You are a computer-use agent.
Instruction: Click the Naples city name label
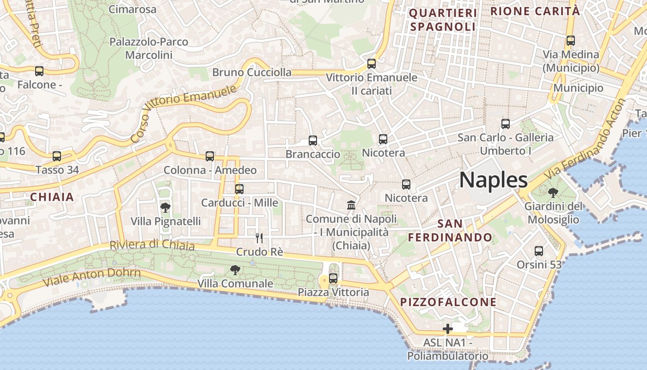click(x=493, y=180)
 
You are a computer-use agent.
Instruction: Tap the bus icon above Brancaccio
click(x=313, y=141)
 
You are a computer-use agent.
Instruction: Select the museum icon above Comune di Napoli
click(x=351, y=205)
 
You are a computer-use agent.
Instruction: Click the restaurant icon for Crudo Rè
click(x=259, y=238)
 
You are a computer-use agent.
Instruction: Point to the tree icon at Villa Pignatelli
click(x=165, y=207)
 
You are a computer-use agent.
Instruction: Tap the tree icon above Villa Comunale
click(x=235, y=270)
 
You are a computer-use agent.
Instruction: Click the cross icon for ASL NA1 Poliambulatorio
click(x=447, y=329)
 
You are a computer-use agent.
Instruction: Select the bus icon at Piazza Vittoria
click(x=333, y=278)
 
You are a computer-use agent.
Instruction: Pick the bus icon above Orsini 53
click(x=539, y=251)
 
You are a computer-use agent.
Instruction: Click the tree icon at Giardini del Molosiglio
click(x=553, y=192)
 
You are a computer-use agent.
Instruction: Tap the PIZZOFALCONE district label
click(x=448, y=302)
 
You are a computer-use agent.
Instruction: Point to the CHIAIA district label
click(x=52, y=197)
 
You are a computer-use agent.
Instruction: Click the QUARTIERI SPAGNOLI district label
click(x=443, y=20)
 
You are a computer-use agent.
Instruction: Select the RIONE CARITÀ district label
click(x=535, y=11)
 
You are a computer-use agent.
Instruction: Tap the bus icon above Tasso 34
click(x=57, y=156)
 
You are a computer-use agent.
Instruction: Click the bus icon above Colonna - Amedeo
click(x=210, y=156)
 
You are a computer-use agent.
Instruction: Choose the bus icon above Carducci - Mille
click(x=239, y=189)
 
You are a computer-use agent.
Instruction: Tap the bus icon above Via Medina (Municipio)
click(x=571, y=41)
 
